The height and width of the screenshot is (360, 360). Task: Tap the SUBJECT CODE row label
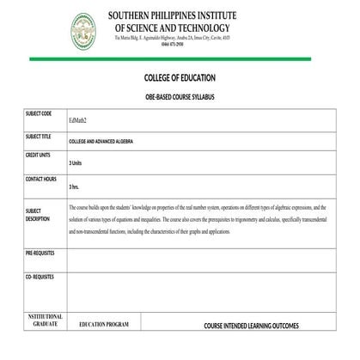(x=39, y=113)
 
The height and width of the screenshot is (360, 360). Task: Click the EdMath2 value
(x=77, y=121)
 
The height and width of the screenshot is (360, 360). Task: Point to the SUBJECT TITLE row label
(x=39, y=136)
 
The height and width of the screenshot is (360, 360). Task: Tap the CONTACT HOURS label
(x=41, y=179)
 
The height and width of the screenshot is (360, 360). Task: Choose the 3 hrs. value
(x=74, y=186)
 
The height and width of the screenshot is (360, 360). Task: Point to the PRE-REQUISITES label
(x=40, y=253)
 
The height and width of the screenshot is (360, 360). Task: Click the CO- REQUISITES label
(x=40, y=278)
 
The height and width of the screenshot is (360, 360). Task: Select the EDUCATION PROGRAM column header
(x=104, y=326)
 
